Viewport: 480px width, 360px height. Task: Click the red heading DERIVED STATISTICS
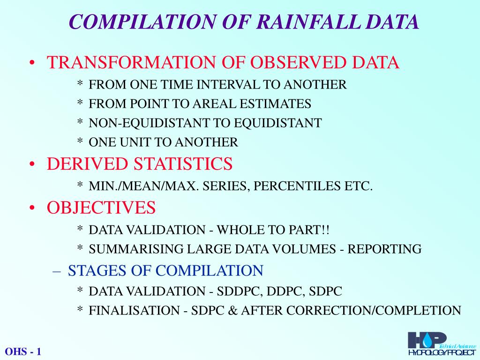click(x=139, y=164)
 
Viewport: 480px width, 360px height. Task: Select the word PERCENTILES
click(x=291, y=186)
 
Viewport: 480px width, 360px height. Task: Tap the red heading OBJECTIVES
click(x=101, y=207)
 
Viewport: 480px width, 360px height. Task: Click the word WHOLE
click(x=240, y=230)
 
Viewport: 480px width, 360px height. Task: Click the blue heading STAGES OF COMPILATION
click(x=165, y=270)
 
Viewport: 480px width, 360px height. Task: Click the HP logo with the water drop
click(x=426, y=340)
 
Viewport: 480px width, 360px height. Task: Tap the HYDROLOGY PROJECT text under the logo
click(x=441, y=352)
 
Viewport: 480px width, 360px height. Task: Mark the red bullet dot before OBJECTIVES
click(x=31, y=208)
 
